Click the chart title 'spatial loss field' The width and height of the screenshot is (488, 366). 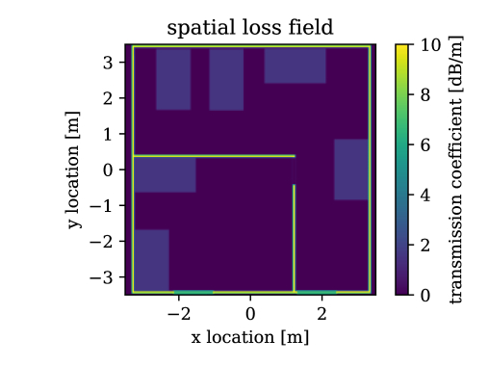pyautogui.click(x=250, y=28)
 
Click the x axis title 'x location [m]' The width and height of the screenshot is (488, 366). pyautogui.click(x=250, y=338)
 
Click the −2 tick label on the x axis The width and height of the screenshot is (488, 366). pyautogui.click(x=178, y=313)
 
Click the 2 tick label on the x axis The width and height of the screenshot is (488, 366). pyautogui.click(x=321, y=313)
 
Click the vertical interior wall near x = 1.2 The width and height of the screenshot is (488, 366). pyautogui.click(x=294, y=236)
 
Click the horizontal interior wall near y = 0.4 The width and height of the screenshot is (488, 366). pyautogui.click(x=213, y=155)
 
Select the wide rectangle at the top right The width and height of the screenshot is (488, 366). pyautogui.click(x=295, y=65)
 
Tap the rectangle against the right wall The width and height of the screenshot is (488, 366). pyautogui.click(x=351, y=170)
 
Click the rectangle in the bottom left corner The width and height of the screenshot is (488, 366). pyautogui.click(x=151, y=259)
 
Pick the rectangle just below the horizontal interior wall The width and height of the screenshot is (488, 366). pyautogui.click(x=165, y=174)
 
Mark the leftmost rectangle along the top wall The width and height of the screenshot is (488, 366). pyautogui.click(x=173, y=78)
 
